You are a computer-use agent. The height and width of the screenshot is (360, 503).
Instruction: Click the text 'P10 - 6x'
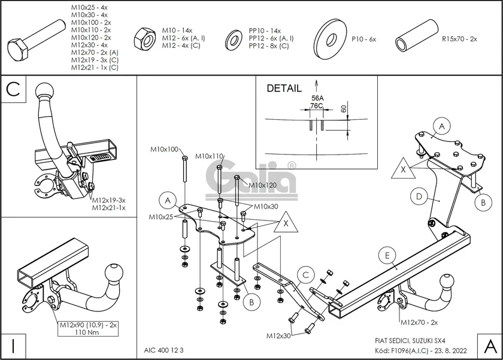pos(363,39)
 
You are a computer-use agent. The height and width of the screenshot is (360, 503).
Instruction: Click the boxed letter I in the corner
pos(13,346)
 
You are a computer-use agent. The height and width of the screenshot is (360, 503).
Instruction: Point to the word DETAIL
pos(284,89)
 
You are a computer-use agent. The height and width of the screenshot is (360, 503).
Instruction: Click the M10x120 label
pos(262,185)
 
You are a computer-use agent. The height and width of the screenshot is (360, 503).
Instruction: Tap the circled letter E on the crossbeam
pos(387,256)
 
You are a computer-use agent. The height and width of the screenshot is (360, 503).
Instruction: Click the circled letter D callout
pos(419,196)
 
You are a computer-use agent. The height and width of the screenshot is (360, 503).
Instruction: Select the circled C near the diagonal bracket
pos(305,276)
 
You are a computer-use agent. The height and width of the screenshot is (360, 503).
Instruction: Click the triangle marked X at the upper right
pos(403,170)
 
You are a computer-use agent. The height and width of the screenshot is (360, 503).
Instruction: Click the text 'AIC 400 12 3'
pos(164,350)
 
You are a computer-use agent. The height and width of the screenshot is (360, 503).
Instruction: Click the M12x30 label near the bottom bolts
pos(278,336)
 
